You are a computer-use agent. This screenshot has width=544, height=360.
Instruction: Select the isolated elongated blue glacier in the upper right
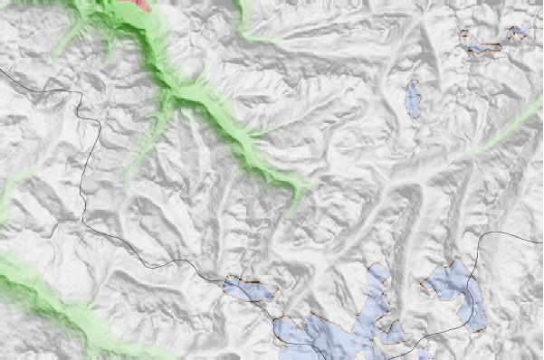tap(413, 98)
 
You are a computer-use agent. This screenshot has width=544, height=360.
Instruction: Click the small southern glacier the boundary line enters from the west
tap(249, 289)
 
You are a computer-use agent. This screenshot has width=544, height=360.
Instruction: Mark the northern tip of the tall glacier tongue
tap(377, 269)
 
